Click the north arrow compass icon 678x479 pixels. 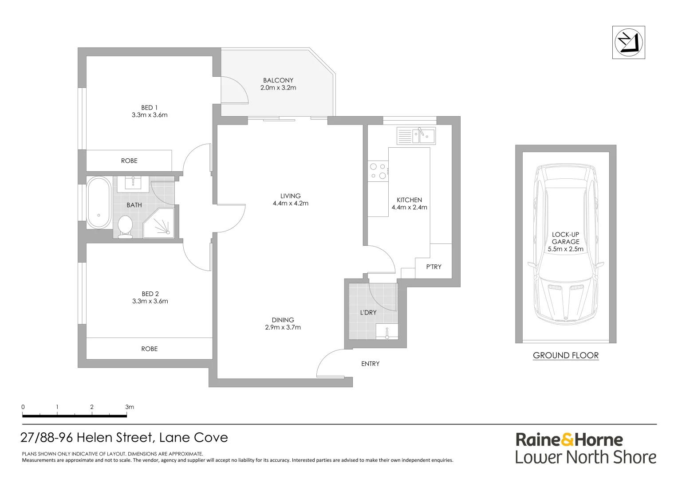pos(628,42)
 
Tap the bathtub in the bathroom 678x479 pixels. pos(99,203)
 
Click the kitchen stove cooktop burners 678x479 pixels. pos(378,171)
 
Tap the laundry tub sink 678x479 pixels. pos(387,332)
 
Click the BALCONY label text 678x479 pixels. pos(278,80)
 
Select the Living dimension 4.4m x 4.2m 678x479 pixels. pos(291,204)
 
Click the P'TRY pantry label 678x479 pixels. pos(434,267)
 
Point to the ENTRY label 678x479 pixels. pos(370,364)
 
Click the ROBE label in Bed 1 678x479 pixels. pos(129,161)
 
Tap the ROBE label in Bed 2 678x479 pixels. pos(150,349)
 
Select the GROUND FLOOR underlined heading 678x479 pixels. pos(566,355)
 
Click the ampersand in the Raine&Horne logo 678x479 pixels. pos(567,440)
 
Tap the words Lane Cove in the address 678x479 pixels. pos(193,438)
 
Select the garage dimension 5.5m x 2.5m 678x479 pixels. pos(566,249)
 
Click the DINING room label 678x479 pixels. pos(283,320)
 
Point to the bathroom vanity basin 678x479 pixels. pos(133,183)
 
